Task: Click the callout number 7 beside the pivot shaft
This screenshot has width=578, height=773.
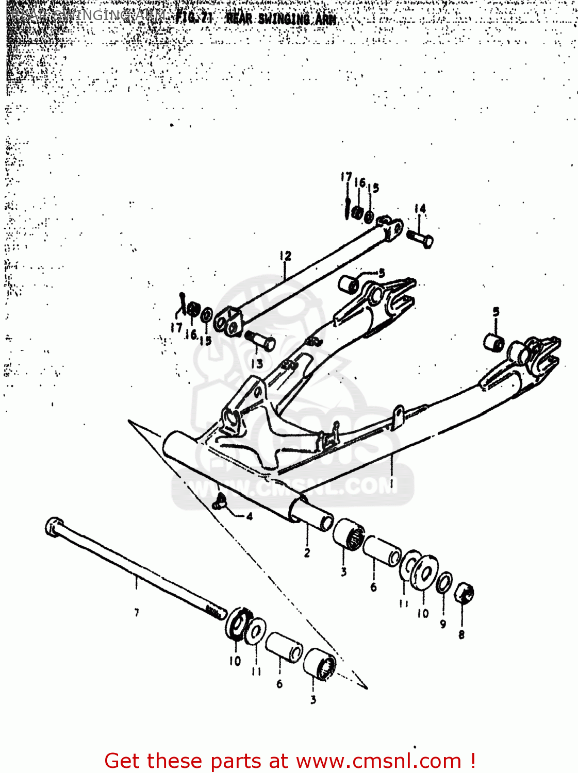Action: (x=137, y=613)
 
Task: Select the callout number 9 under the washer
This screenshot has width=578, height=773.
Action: (x=443, y=624)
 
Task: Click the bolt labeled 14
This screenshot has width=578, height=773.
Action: (x=420, y=239)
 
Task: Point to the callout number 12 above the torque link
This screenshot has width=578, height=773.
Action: (x=285, y=256)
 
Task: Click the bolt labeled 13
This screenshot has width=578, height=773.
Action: (x=260, y=341)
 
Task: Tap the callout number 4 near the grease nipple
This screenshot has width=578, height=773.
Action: (x=250, y=516)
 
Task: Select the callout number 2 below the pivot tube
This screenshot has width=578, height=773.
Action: (x=307, y=553)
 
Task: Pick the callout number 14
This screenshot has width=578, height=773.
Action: (x=420, y=209)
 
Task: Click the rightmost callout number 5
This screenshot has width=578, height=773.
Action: (x=496, y=312)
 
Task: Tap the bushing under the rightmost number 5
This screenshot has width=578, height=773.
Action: (x=494, y=342)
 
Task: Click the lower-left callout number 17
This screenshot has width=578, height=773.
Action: (x=176, y=328)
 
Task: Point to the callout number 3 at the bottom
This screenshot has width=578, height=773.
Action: (x=313, y=700)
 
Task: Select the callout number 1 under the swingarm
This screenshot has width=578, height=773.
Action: (x=391, y=483)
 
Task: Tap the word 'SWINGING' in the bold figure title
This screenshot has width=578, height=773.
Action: (x=283, y=19)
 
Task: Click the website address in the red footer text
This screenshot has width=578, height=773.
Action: (x=378, y=761)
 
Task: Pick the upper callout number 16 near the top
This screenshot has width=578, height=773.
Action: (x=360, y=182)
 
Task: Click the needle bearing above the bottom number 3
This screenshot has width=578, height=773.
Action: (x=320, y=665)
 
